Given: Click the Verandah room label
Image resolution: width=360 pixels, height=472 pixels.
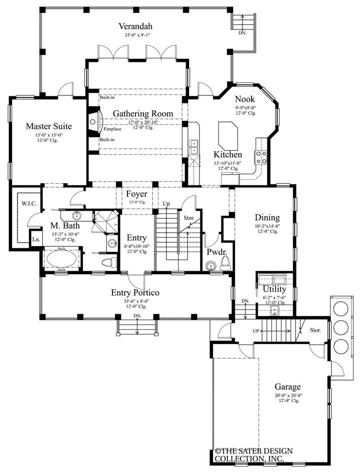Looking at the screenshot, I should [135, 26].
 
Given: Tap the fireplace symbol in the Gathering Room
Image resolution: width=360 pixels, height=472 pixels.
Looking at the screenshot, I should [93, 121].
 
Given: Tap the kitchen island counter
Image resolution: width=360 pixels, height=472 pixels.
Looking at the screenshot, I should [227, 134].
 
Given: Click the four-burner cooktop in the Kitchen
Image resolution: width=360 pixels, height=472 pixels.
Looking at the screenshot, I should [261, 157].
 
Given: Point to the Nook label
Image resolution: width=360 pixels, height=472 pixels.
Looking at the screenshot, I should [245, 99].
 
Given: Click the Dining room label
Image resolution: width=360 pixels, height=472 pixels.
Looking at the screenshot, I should [267, 217].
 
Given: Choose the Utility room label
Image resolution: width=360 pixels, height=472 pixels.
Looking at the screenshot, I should [274, 289].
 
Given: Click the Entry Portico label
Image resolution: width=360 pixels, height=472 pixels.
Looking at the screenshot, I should [135, 292].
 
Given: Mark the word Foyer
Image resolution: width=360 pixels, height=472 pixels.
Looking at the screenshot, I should [136, 194].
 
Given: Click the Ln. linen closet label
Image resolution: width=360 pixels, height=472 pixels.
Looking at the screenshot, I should [36, 239].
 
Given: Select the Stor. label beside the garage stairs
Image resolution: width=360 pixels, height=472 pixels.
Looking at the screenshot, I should [315, 330].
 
